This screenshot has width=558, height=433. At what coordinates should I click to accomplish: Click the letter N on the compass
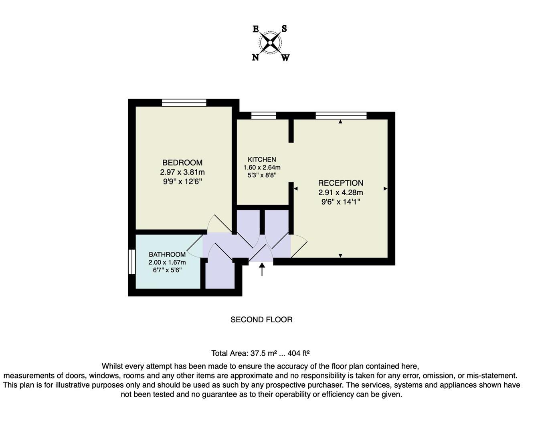[x=255, y=57]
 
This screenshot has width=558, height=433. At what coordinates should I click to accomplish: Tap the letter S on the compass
[x=284, y=28]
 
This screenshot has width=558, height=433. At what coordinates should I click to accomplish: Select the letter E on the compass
[x=256, y=29]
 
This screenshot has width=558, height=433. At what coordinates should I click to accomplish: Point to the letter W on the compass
[x=285, y=58]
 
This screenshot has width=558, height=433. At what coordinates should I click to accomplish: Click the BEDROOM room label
[x=182, y=162]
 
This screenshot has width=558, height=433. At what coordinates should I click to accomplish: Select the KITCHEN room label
[x=262, y=159]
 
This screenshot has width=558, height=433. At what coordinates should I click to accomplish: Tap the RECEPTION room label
[x=341, y=183]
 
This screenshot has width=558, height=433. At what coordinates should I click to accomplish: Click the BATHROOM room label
[x=167, y=254]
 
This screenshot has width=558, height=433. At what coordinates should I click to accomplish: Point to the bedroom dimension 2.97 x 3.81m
[x=182, y=172]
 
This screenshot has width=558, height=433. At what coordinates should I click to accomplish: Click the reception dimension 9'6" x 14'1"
[x=341, y=202]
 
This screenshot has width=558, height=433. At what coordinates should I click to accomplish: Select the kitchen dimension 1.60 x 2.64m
[x=262, y=167]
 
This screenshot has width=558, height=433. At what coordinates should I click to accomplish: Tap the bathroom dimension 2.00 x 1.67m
[x=167, y=262]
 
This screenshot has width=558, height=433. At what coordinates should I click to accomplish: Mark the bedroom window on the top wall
[x=184, y=103]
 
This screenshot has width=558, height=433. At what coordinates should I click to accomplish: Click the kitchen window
[x=264, y=116]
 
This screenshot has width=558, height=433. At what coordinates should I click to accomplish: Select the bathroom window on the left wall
[x=131, y=262]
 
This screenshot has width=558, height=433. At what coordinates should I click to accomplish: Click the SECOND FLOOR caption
[x=261, y=320]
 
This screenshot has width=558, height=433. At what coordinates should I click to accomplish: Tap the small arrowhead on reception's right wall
[x=386, y=188]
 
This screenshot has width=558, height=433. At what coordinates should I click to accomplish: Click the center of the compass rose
[x=271, y=42]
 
